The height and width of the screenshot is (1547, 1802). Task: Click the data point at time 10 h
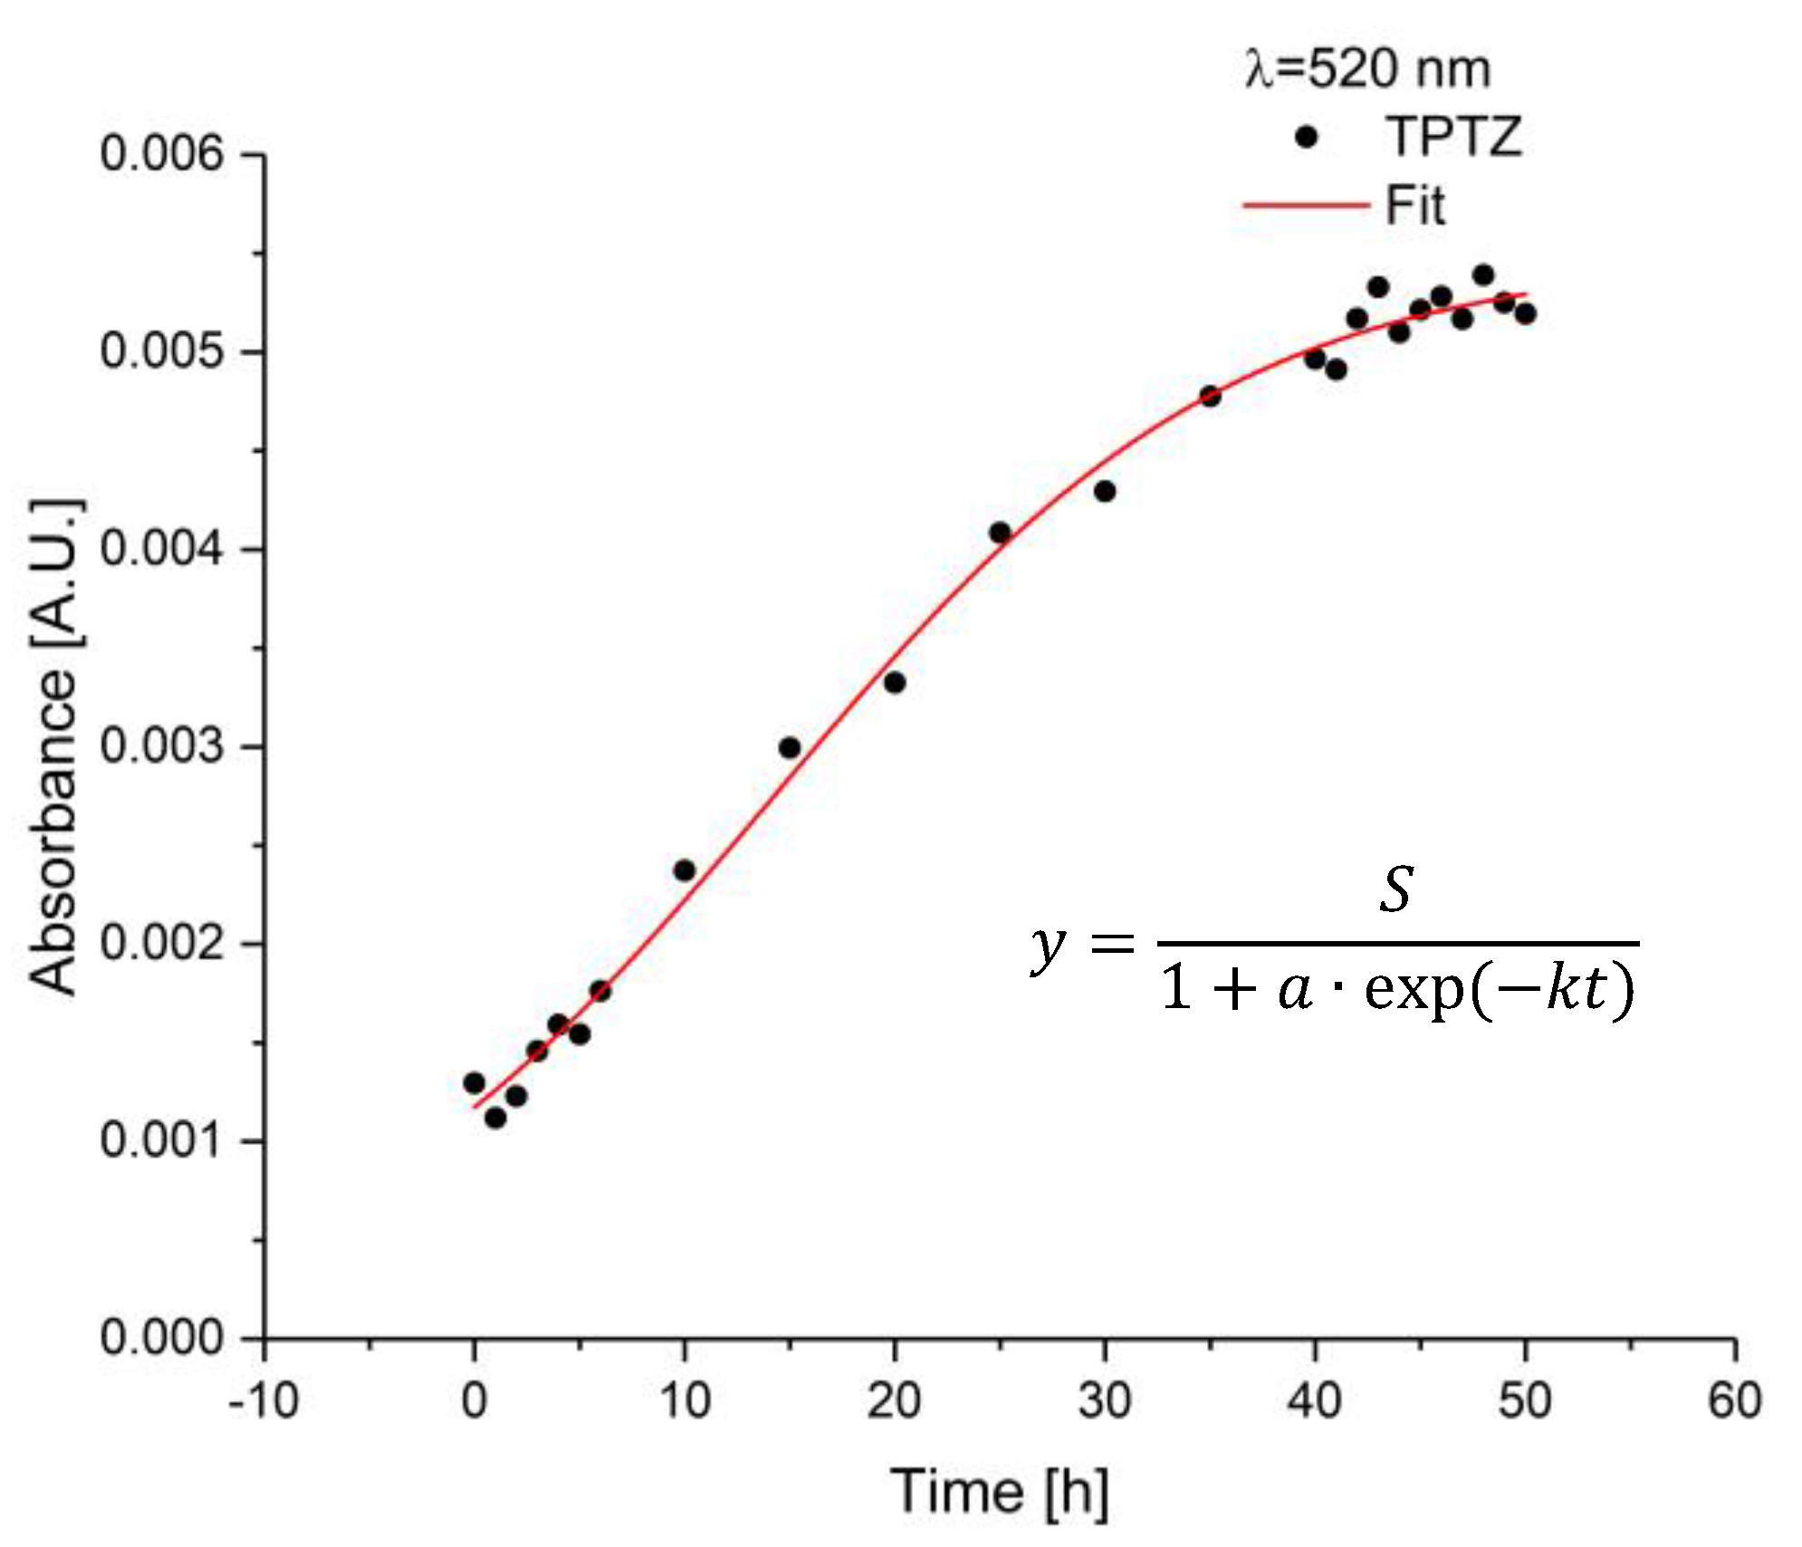point(685,870)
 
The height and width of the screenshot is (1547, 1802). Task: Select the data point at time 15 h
point(790,748)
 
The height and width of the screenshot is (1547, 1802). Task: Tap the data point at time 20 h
point(895,682)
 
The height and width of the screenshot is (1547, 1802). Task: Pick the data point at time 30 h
point(1105,491)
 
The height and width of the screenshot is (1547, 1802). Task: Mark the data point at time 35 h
point(1210,396)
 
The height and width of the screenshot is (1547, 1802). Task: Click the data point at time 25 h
point(1000,533)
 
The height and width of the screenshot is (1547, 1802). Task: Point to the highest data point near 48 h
point(1483,274)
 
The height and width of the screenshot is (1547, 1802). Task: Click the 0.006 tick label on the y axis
point(161,153)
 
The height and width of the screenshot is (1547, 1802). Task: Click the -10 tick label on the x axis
point(264,1400)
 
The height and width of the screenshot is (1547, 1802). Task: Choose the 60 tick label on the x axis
point(1734,1400)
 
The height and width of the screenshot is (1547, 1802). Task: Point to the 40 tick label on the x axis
point(1314,1400)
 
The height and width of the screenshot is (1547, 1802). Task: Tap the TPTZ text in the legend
point(1454,138)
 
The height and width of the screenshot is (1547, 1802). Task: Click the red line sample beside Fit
point(1305,206)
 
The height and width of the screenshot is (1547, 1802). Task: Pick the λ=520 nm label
point(1367,69)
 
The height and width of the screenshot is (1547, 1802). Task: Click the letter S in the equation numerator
point(1396,889)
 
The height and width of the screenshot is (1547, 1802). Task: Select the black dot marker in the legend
point(1306,138)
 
